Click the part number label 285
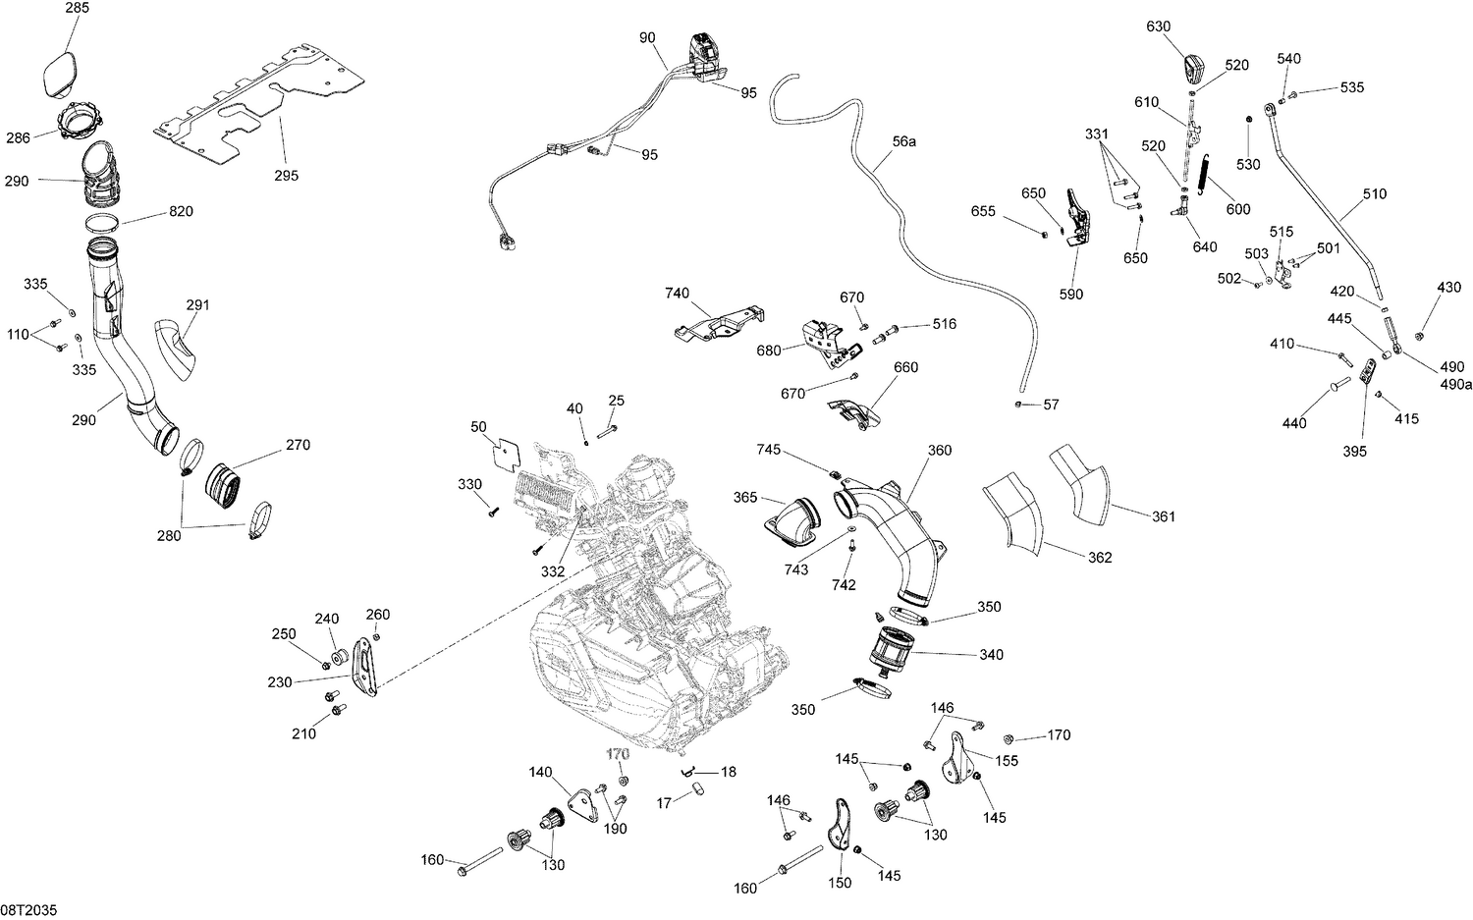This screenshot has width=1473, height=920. coord(77,8)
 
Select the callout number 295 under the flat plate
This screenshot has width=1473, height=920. coord(287,176)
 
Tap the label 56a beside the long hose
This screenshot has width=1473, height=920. coord(903,141)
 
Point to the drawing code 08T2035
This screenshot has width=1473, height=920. coord(28,910)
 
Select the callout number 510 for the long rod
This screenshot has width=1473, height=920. coord(1375,193)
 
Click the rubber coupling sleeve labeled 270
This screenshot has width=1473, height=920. coord(228,485)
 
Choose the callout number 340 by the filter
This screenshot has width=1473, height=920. coord(992,654)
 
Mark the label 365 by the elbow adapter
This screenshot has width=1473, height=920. coord(745,498)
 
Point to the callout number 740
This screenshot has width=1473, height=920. coord(677,293)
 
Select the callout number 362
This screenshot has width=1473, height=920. coord(1100,557)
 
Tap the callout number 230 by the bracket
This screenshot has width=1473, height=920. coord(280,681)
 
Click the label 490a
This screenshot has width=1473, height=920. coord(1456,384)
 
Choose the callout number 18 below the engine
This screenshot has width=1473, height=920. coord(728,772)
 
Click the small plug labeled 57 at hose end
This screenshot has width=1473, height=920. coord(1021,404)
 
